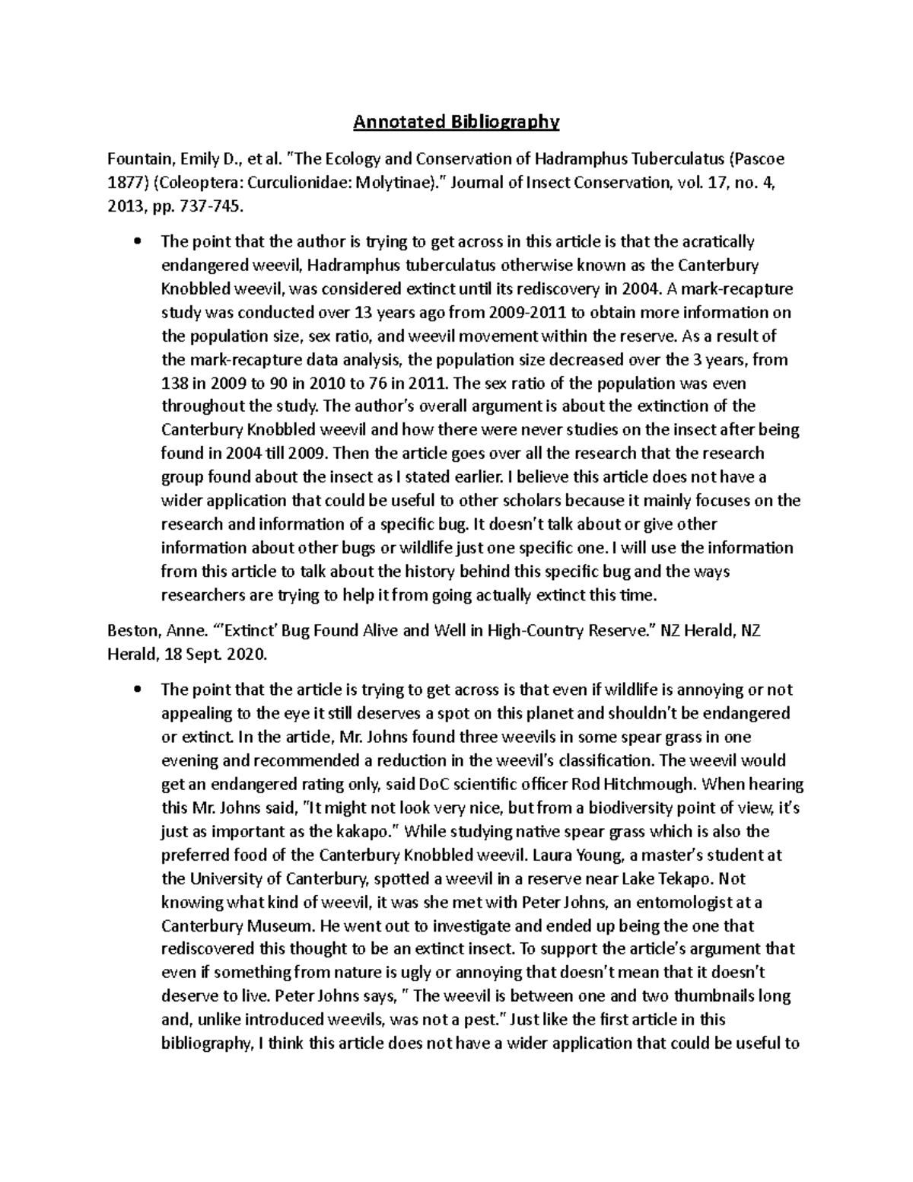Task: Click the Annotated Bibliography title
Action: [456, 121]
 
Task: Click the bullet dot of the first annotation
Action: [137, 243]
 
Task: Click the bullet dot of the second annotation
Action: [137, 690]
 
